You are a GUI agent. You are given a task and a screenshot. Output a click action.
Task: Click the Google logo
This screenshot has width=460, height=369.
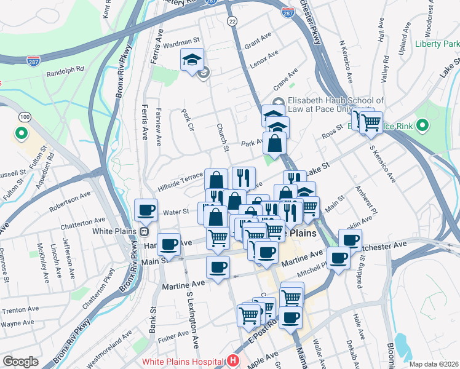pyautogui.click(x=21, y=362)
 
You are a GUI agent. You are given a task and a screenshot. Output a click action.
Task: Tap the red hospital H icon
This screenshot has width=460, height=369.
pyautogui.click(x=233, y=361)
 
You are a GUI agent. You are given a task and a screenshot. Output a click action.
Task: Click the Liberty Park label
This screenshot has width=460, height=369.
pyautogui.click(x=437, y=44)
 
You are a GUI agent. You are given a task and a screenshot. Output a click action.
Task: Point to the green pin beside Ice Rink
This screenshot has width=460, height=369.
pyautogui.click(x=422, y=126)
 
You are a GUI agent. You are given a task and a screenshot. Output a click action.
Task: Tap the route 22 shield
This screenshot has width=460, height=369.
pyautogui.click(x=232, y=21)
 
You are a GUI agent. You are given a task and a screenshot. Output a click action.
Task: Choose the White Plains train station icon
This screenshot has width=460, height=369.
pyautogui.click(x=143, y=232)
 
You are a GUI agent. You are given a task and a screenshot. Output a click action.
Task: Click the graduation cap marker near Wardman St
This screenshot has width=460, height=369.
pyautogui.click(x=192, y=61)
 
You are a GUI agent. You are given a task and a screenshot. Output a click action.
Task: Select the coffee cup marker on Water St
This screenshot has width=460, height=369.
pyautogui.click(x=146, y=210)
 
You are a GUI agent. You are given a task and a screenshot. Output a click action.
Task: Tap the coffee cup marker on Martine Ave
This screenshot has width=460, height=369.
pyautogui.click(x=218, y=268)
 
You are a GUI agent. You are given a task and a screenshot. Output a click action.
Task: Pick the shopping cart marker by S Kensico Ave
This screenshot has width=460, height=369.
pyautogui.click(x=370, y=122)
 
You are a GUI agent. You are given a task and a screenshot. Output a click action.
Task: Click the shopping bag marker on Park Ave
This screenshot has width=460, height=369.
pyautogui.click(x=275, y=144)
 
